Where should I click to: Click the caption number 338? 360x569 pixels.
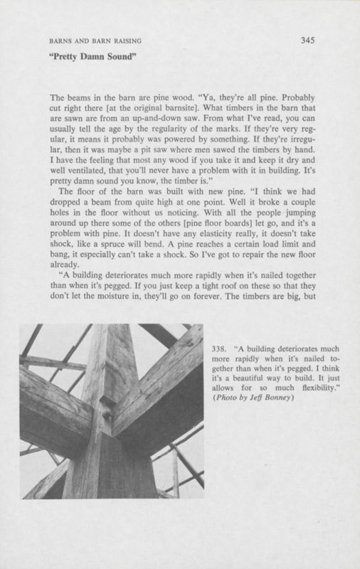click(x=220, y=349)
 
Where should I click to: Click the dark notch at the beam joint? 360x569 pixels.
click(x=110, y=408)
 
